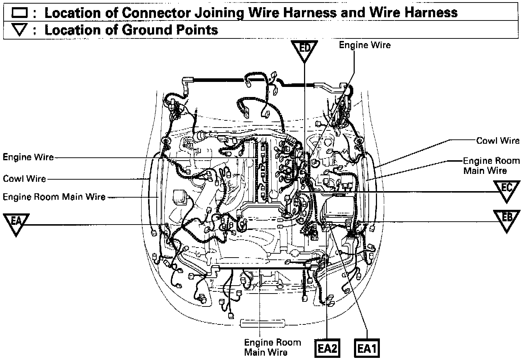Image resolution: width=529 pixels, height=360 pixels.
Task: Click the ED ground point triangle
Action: click(304, 50)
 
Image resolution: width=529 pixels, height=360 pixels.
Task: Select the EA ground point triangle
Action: click(16, 223)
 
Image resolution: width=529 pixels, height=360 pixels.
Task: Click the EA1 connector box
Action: click(367, 349)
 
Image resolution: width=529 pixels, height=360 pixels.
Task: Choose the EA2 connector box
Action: click(327, 349)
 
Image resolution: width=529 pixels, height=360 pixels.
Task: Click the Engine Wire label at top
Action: click(365, 45)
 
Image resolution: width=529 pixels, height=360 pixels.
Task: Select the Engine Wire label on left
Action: click(28, 157)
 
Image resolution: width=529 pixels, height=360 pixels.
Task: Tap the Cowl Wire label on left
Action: click(24, 179)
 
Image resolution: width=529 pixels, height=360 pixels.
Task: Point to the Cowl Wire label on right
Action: click(498, 140)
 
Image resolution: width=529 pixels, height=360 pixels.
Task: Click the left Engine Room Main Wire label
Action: click(54, 197)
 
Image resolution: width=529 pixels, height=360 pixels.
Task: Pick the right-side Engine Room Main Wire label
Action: click(491, 166)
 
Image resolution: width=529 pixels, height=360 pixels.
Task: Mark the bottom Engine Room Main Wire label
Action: click(272, 347)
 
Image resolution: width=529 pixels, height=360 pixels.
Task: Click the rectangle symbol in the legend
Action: click(19, 13)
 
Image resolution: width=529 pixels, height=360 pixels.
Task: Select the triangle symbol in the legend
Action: click(19, 30)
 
